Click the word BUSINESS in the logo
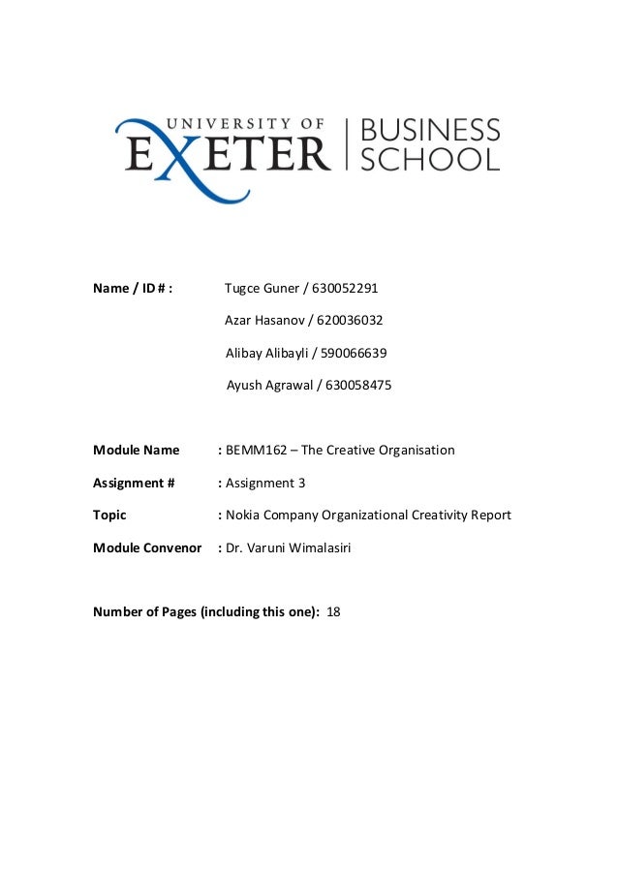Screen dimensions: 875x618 (430, 130)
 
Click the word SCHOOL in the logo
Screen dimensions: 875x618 (430, 158)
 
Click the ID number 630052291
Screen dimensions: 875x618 (346, 288)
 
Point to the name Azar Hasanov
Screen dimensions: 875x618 (263, 320)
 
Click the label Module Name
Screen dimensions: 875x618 (136, 450)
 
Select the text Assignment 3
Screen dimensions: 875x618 (265, 483)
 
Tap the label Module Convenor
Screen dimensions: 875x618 (146, 547)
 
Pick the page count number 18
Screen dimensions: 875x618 (334, 612)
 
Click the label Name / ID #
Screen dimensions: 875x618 (133, 288)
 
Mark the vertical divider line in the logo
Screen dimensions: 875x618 (347, 144)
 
